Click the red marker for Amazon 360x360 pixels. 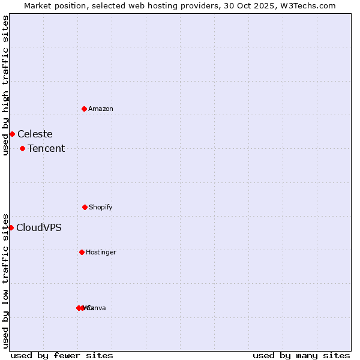click(x=85, y=109)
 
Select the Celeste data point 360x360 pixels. click(x=12, y=134)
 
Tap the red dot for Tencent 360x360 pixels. click(x=22, y=148)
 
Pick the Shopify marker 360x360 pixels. click(x=85, y=207)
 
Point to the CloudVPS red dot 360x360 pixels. click(x=11, y=227)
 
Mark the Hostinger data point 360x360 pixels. click(x=82, y=252)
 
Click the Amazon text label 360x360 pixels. click(x=101, y=109)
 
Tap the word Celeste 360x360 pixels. click(x=35, y=134)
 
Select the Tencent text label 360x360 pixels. click(x=46, y=148)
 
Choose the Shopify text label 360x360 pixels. click(x=101, y=207)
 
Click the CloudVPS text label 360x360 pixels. click(x=38, y=227)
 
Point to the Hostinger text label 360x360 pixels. click(x=101, y=252)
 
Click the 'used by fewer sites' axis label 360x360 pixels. click(x=62, y=355)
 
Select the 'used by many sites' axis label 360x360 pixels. click(x=301, y=355)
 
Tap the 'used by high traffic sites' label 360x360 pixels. click(x=5, y=85)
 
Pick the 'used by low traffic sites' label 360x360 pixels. click(x=5, y=281)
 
